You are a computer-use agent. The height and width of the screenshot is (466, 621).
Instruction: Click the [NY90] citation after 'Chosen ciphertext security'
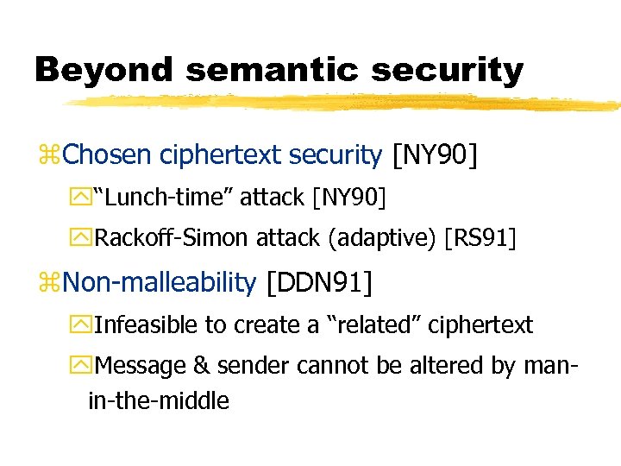435,154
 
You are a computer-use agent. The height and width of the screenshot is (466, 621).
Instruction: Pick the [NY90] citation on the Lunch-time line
349,198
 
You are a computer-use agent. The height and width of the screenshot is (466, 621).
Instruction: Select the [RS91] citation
480,238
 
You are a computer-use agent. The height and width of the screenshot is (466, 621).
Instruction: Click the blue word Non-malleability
160,281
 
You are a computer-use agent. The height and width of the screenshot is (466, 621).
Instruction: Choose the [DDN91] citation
320,281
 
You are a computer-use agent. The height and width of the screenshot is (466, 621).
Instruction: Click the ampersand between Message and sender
201,365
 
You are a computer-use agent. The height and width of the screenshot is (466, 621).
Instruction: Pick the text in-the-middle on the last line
159,400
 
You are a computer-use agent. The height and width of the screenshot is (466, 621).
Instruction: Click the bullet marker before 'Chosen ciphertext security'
52,156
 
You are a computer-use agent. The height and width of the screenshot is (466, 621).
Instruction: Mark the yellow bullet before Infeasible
85,325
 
